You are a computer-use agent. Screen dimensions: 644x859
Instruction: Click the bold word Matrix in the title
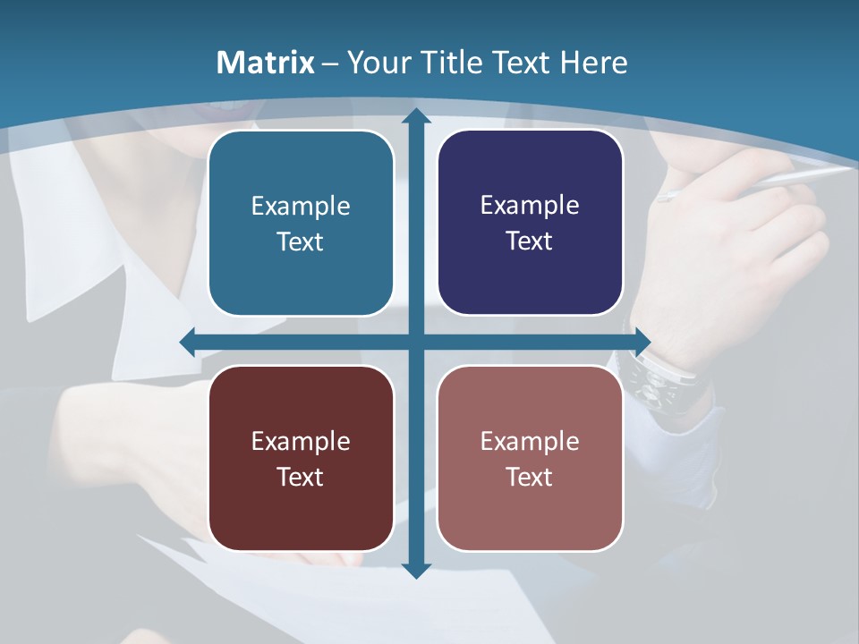pyautogui.click(x=266, y=63)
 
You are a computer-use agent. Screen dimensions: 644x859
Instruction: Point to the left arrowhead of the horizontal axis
pyautogui.click(x=188, y=342)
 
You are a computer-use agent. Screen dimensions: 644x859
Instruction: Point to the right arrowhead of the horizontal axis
pyautogui.click(x=642, y=342)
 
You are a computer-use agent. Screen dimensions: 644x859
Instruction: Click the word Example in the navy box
pyautogui.click(x=530, y=206)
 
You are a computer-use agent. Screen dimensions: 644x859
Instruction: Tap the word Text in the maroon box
pyautogui.click(x=300, y=477)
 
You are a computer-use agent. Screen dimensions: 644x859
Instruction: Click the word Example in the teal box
pyautogui.click(x=301, y=207)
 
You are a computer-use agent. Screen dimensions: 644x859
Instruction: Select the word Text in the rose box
pyautogui.click(x=530, y=477)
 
